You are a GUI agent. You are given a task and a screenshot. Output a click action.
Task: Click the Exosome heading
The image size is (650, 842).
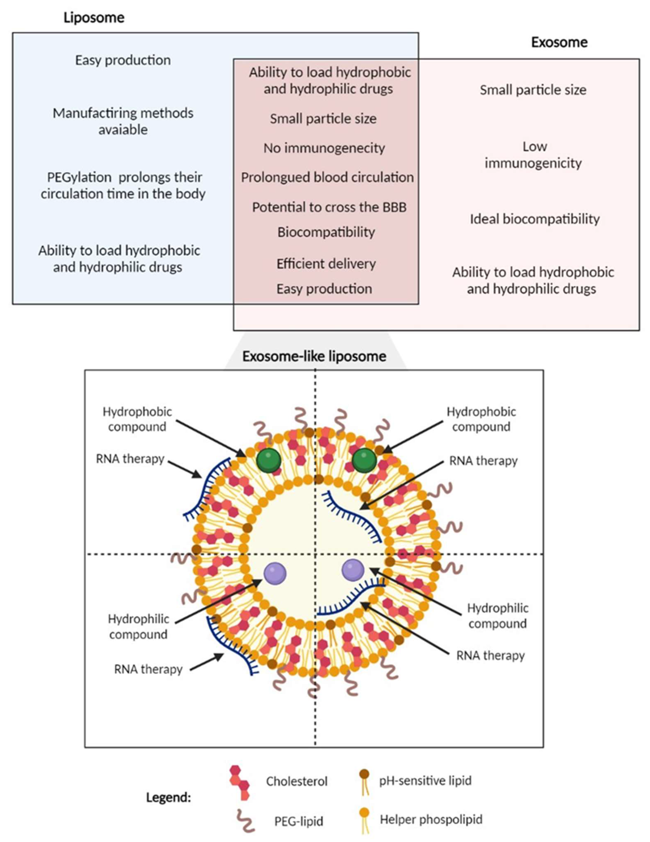pos(559,42)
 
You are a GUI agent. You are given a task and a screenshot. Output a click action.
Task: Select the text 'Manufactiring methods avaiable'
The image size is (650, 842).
pos(123,121)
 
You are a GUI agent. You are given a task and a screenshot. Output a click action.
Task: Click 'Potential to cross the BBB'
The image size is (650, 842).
pos(329,208)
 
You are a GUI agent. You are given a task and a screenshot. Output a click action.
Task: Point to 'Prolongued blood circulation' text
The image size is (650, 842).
pos(327,177)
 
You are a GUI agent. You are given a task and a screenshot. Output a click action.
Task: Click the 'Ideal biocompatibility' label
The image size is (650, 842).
pos(534,219)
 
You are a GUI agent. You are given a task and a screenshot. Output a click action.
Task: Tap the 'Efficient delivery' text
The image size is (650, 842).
pos(326,264)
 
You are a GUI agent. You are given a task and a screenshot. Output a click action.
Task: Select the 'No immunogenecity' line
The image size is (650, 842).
pos(324,148)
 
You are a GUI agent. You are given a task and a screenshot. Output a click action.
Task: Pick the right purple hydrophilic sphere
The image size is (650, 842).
pos(353,570)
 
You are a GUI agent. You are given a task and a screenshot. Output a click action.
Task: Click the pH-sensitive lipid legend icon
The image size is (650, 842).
pos(364,782)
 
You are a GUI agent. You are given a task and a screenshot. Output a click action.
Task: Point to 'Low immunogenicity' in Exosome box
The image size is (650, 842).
pos(533,155)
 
